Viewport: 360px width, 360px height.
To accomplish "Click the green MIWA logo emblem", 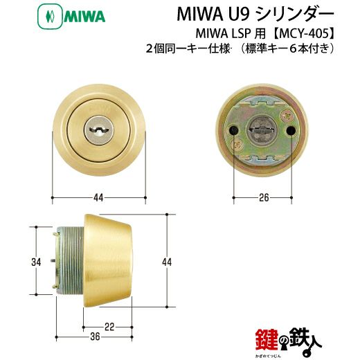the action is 50,17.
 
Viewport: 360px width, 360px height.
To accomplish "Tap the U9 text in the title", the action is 237,15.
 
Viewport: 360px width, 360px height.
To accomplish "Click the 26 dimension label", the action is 264,197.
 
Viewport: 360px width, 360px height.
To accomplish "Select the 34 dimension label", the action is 36,262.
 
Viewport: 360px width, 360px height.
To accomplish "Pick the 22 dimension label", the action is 109,327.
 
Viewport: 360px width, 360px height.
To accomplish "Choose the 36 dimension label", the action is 95,337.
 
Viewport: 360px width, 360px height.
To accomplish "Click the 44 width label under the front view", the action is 98,198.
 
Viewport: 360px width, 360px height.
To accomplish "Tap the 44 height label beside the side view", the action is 167,262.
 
